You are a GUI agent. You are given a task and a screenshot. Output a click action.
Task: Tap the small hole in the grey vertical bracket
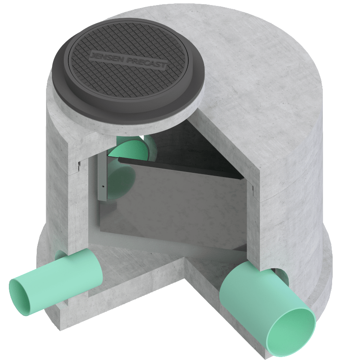click(x=103, y=185)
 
